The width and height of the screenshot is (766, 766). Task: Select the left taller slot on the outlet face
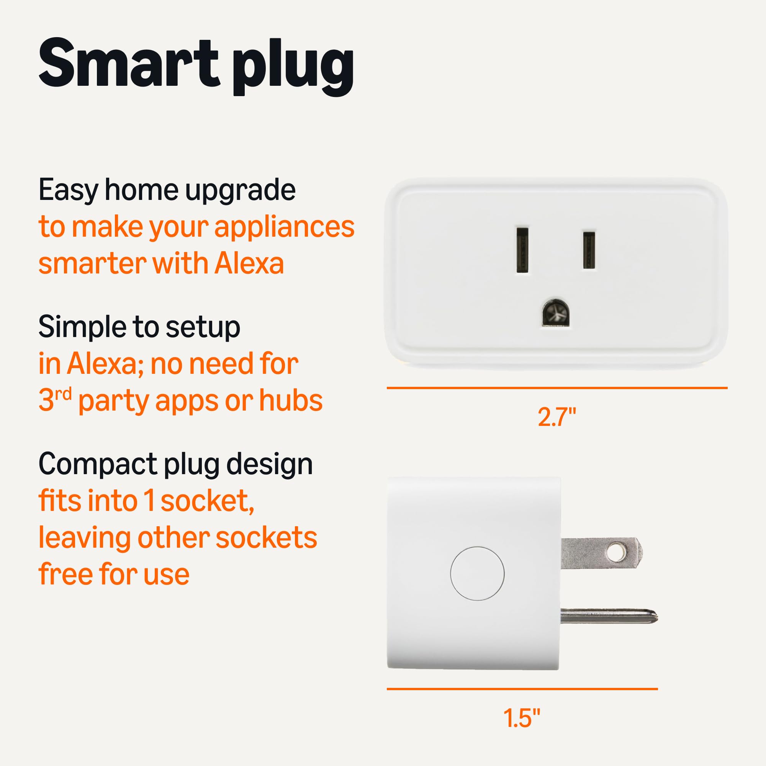pos(522,250)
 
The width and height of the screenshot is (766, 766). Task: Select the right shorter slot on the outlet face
pos(589,250)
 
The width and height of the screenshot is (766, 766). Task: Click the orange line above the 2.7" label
pos(556,388)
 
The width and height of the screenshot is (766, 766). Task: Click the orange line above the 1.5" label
pos(522,689)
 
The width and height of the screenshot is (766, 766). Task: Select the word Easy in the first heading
pos(68,191)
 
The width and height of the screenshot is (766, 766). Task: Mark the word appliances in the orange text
pos(284,228)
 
